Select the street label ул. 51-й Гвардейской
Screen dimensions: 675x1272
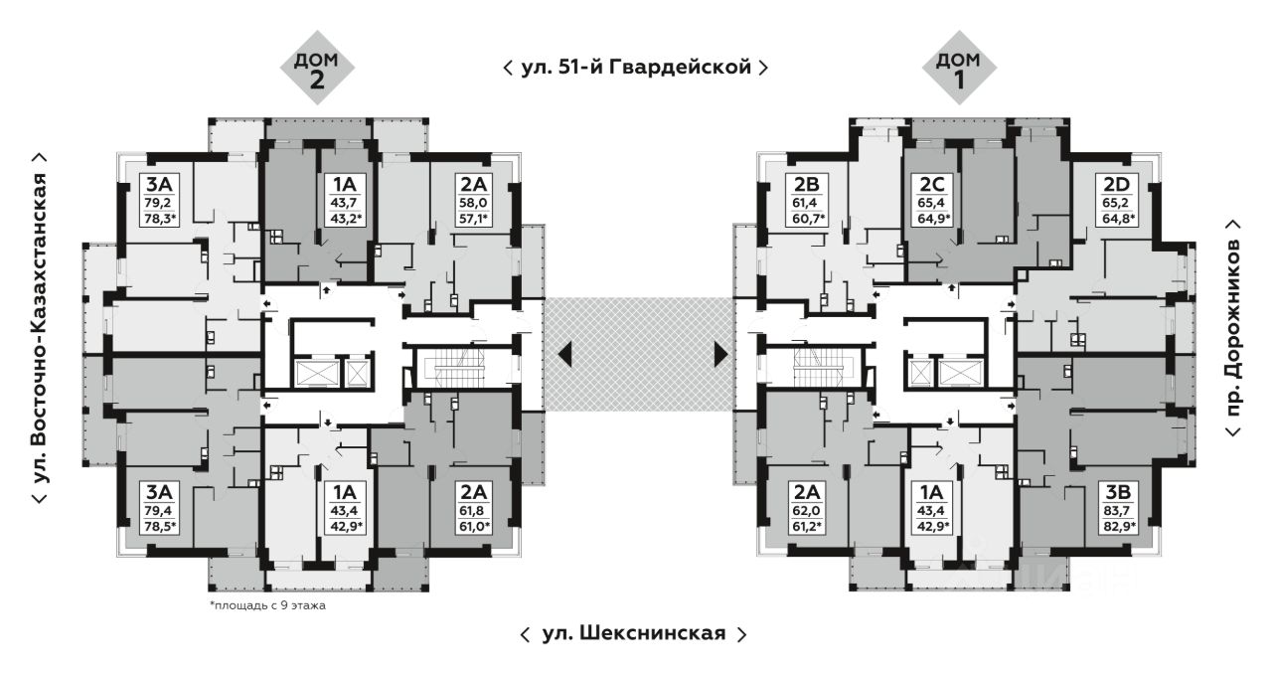(x=636, y=68)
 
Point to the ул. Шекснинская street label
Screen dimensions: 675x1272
(x=633, y=633)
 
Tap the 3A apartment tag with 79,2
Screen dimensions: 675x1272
(x=158, y=200)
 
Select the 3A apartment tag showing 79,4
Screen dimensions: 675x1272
(x=158, y=508)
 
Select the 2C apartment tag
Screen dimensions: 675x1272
(x=933, y=200)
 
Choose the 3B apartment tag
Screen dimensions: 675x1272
(x=1117, y=508)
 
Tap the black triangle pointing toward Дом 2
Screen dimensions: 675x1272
(x=564, y=353)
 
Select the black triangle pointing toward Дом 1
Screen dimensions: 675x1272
(x=720, y=353)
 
